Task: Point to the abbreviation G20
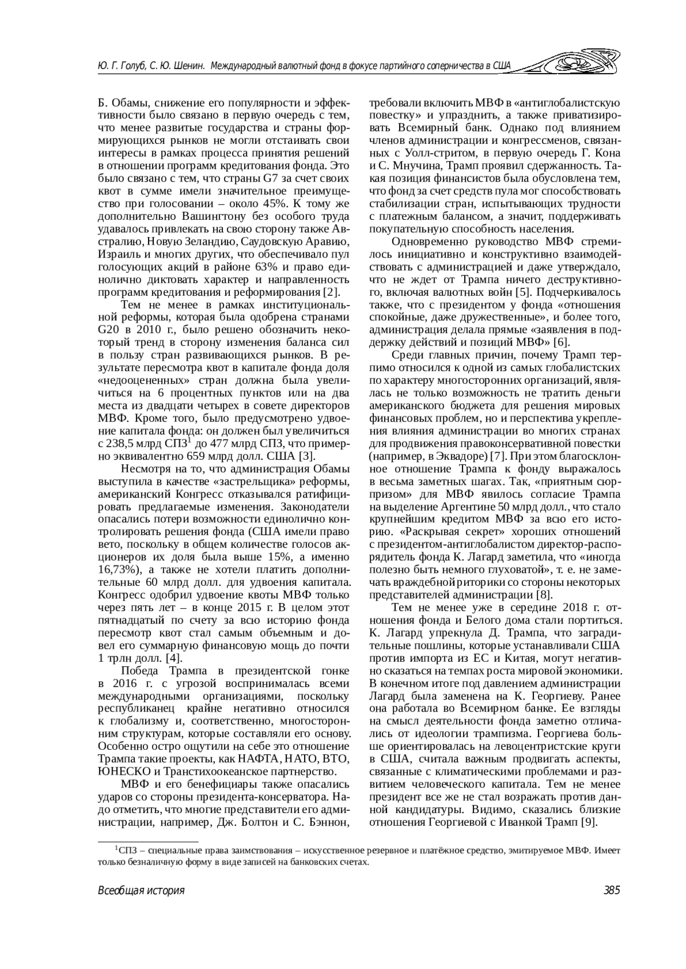click(109, 331)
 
